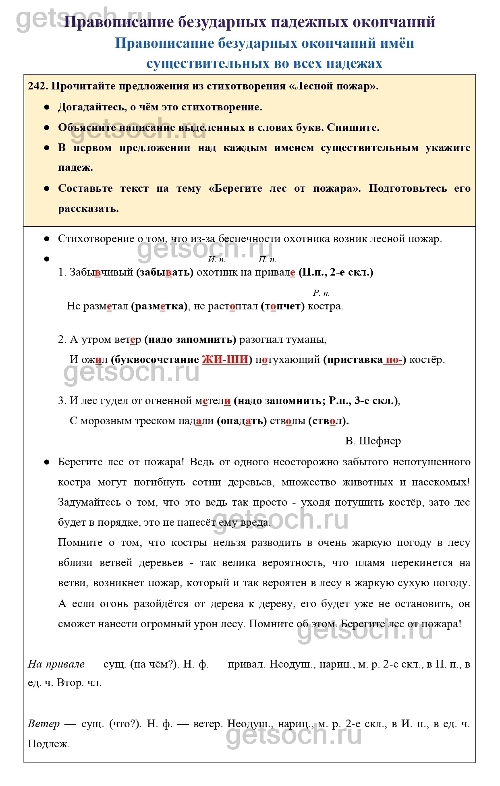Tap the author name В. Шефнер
373,441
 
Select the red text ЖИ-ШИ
225,359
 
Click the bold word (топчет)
282,306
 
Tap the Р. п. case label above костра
321,293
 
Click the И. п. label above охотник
217,260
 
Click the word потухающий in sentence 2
288,359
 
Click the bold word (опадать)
242,421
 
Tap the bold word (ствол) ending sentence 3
328,421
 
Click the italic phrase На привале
56,664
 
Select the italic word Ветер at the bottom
44,724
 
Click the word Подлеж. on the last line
49,744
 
